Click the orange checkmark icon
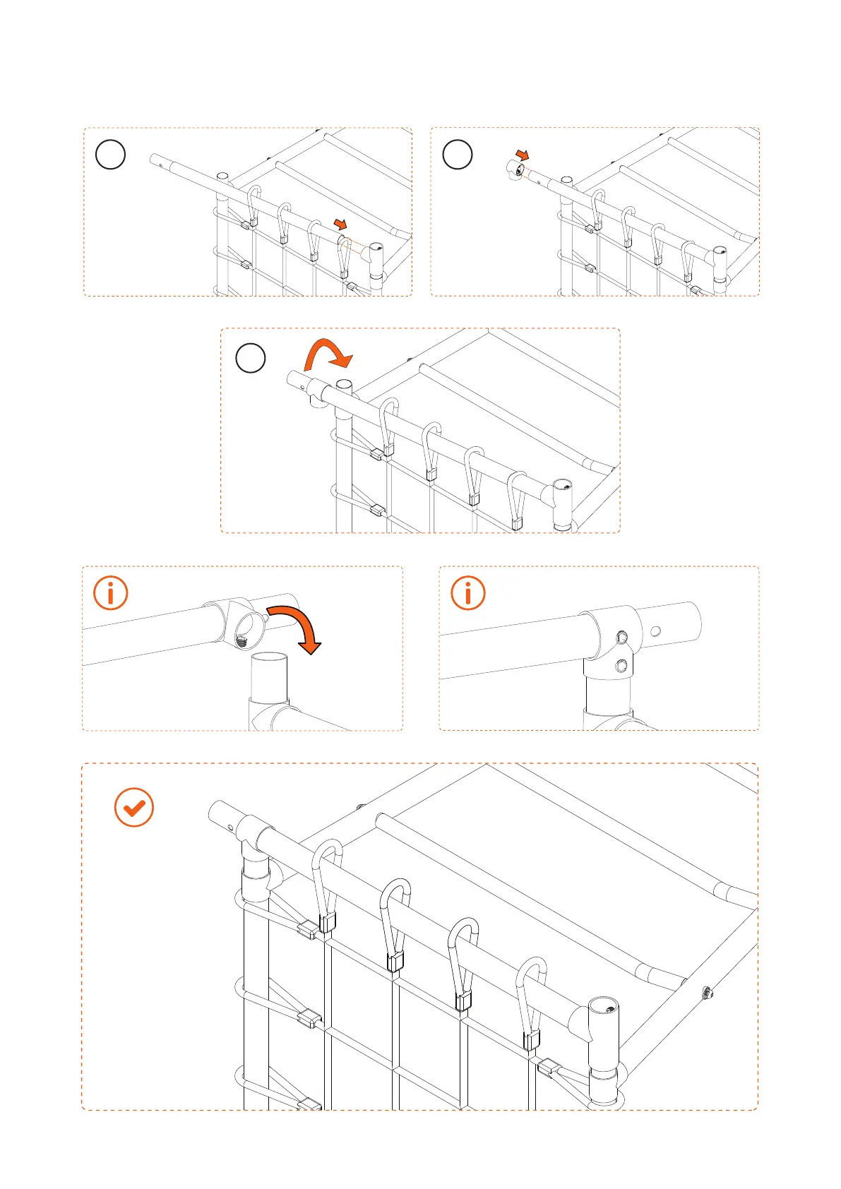[133, 807]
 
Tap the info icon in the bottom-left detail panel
[111, 593]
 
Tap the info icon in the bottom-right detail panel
[467, 593]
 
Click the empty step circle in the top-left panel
[110, 154]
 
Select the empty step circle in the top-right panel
[457, 154]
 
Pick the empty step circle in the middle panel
[250, 358]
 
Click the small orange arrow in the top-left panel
[340, 224]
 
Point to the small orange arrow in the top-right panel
[522, 155]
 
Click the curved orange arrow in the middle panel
[327, 355]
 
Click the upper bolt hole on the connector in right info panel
[621, 638]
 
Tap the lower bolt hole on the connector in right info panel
[621, 664]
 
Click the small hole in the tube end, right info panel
[656, 631]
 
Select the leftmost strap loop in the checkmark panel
[326, 883]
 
